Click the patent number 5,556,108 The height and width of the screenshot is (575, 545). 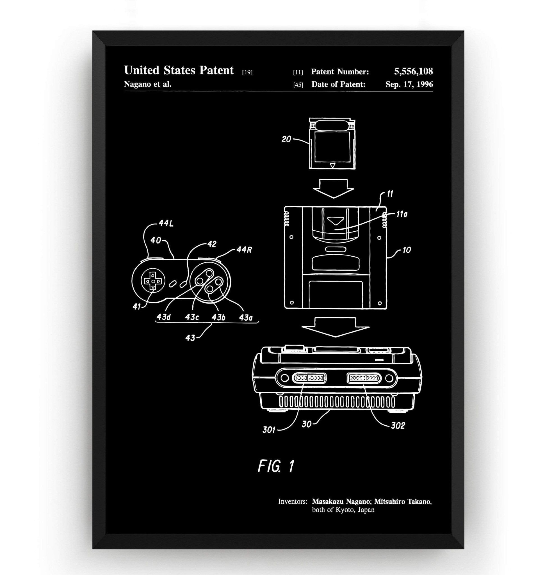[413, 71]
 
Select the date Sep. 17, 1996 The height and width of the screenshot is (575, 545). [409, 85]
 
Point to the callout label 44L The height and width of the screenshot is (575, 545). [166, 224]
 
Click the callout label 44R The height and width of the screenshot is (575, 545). [244, 250]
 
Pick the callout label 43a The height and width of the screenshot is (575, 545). [245, 318]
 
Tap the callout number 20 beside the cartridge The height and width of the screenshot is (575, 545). [286, 140]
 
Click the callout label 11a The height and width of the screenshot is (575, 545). [402, 215]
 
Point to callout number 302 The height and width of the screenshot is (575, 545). [398, 426]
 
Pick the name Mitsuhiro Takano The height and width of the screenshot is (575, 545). [403, 501]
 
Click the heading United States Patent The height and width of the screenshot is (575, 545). [179, 70]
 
